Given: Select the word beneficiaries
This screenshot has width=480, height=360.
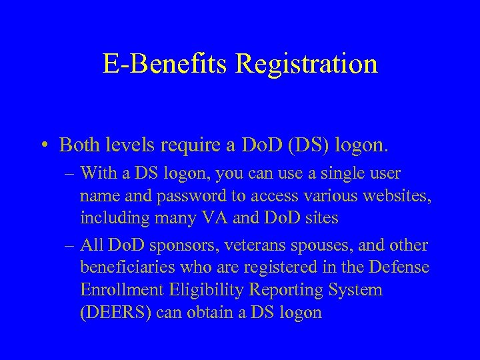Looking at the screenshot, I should [123, 269].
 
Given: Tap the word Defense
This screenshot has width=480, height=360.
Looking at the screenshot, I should [396, 269].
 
